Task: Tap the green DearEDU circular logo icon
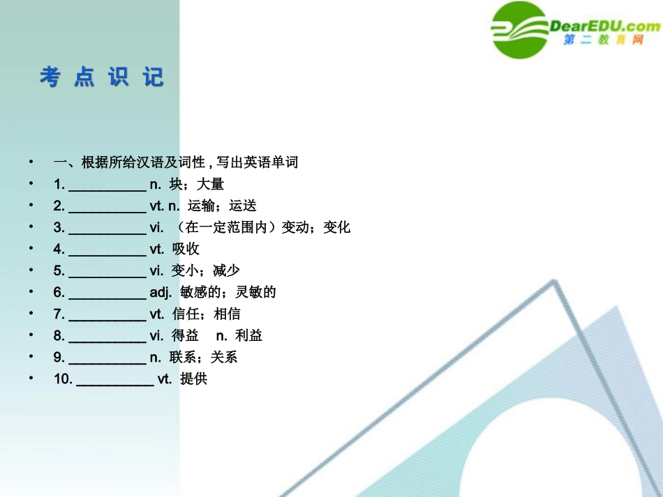pyautogui.click(x=520, y=29)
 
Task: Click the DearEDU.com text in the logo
pyautogui.click(x=604, y=26)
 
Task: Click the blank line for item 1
pyautogui.click(x=107, y=185)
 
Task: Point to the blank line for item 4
pyautogui.click(x=107, y=250)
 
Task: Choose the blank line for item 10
pyautogui.click(x=114, y=380)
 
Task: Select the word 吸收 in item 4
pyautogui.click(x=186, y=249)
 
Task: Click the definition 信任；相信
pyautogui.click(x=206, y=314)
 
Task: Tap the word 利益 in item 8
pyautogui.click(x=249, y=336)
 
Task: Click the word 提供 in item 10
pyautogui.click(x=194, y=379)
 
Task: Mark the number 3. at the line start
pyautogui.click(x=59, y=227)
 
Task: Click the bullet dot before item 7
pyautogui.click(x=31, y=314)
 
